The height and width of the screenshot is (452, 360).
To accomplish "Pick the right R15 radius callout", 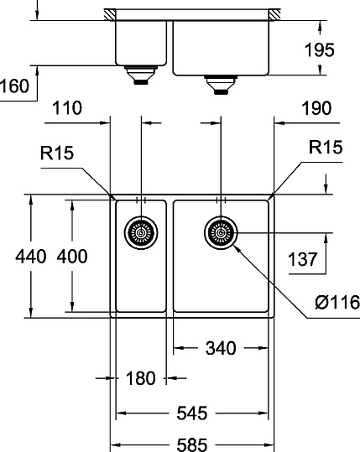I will (x=324, y=148).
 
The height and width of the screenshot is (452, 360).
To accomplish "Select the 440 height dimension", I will (x=17, y=257).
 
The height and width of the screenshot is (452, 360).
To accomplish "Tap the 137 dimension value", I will (x=303, y=258).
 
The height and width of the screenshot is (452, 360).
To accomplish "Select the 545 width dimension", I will (x=192, y=413).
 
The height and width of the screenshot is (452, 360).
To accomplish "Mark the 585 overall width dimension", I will (x=192, y=444).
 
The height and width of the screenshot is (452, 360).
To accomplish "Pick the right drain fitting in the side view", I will (x=220, y=82).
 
